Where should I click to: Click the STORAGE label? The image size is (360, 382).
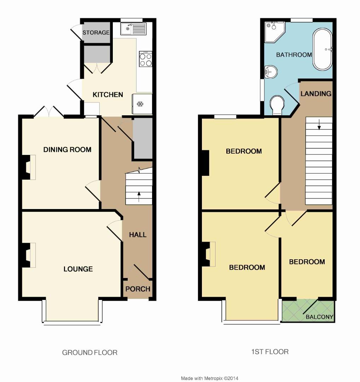point(96,33)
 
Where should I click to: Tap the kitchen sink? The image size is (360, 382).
point(133,29)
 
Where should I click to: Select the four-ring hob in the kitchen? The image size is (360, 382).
point(146,59)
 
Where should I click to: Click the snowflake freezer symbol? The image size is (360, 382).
point(140,104)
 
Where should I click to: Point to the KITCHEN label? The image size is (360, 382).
point(108,94)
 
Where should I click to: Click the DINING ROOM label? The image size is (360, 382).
point(67,149)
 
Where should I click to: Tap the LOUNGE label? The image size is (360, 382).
point(78,269)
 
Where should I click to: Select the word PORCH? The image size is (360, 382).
point(138,289)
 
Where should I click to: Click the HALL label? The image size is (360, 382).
point(138,235)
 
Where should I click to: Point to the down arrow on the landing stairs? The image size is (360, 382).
point(319,124)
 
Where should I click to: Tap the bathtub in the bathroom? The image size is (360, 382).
point(322,50)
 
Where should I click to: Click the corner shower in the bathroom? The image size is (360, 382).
point(274,31)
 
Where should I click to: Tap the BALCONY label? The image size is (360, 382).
point(320,317)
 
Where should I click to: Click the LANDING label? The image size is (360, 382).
point(316,93)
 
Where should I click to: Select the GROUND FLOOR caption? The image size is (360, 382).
point(89,352)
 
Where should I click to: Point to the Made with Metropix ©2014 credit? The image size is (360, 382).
point(210,378)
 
